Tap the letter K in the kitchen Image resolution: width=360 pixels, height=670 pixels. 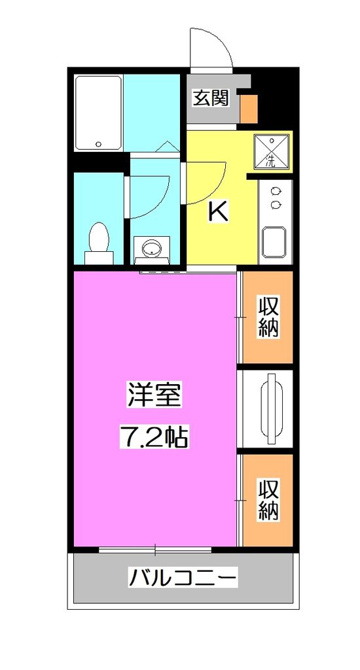pyautogui.click(x=218, y=211)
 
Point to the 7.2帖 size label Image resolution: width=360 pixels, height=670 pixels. pyautogui.click(x=154, y=436)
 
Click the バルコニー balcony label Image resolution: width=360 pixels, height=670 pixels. pyautogui.click(x=182, y=578)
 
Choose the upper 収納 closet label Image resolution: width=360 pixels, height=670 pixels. pyautogui.click(x=268, y=317)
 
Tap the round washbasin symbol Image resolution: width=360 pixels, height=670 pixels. pyautogui.click(x=152, y=248)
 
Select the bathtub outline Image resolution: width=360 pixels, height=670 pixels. pyautogui.click(x=98, y=113)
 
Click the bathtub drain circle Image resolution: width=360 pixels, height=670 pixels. pyautogui.click(x=98, y=144)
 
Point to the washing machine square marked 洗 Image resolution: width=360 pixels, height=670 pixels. pyautogui.click(x=271, y=150)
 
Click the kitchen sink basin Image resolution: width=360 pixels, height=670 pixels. pyautogui.click(x=274, y=243)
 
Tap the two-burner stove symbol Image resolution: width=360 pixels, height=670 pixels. pyautogui.click(x=275, y=197)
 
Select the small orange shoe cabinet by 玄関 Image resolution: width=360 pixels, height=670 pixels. pyautogui.click(x=248, y=108)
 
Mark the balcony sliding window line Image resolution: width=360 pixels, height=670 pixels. pyautogui.click(x=155, y=549)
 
